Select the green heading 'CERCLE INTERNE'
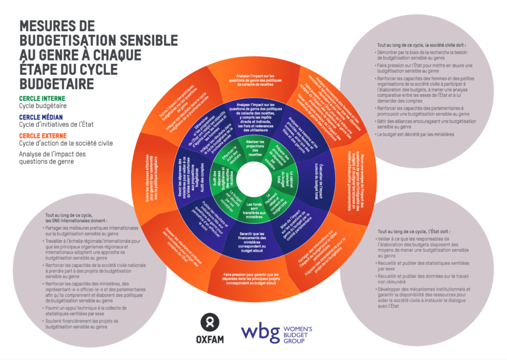[x=43, y=99]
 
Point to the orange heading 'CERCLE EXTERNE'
[x=44, y=135]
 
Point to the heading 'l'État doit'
[x=413, y=231]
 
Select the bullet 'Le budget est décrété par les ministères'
[x=414, y=134]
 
